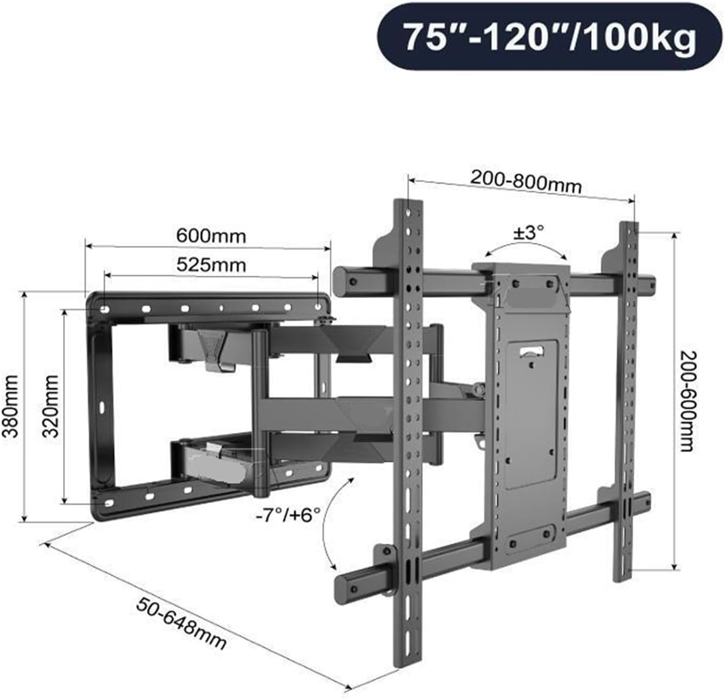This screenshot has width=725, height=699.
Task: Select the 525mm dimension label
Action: click(x=211, y=264)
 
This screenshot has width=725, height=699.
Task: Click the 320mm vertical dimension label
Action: click(x=51, y=406)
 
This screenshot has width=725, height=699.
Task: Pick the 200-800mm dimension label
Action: click(x=525, y=183)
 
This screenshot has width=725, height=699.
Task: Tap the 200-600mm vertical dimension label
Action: click(x=686, y=401)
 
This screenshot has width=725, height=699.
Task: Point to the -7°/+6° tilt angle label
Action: click(x=291, y=515)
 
